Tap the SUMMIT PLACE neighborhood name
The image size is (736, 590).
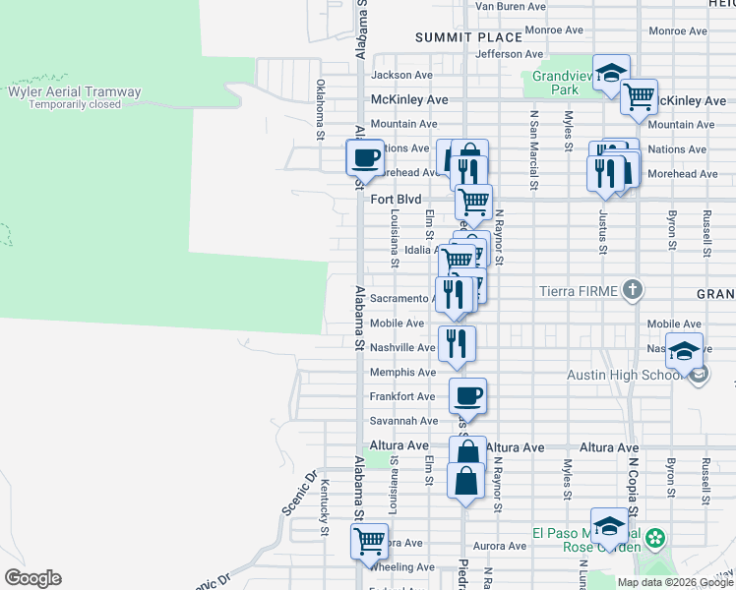pos(468,37)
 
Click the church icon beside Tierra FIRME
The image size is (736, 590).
pos(633,290)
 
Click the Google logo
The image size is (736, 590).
pos(32,578)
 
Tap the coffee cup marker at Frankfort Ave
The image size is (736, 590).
pos(468,395)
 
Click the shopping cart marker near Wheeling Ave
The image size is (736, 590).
pos(369,541)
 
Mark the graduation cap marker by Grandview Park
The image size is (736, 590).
pos(611,72)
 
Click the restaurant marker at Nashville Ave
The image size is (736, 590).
pos(458,342)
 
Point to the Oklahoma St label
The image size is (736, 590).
pos(320,109)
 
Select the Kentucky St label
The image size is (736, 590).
pos(324,507)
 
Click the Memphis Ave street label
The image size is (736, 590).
pos(402,373)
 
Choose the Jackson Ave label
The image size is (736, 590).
pos(401,75)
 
